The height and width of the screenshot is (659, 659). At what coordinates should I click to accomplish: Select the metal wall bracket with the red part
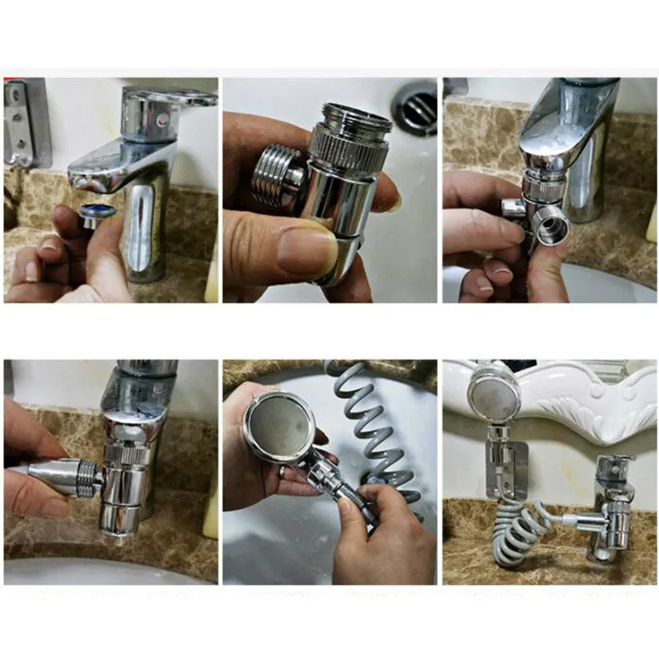25,124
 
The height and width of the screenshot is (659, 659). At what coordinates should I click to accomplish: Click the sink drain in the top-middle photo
415,105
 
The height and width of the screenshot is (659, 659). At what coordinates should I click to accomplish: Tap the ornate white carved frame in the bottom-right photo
577,404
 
